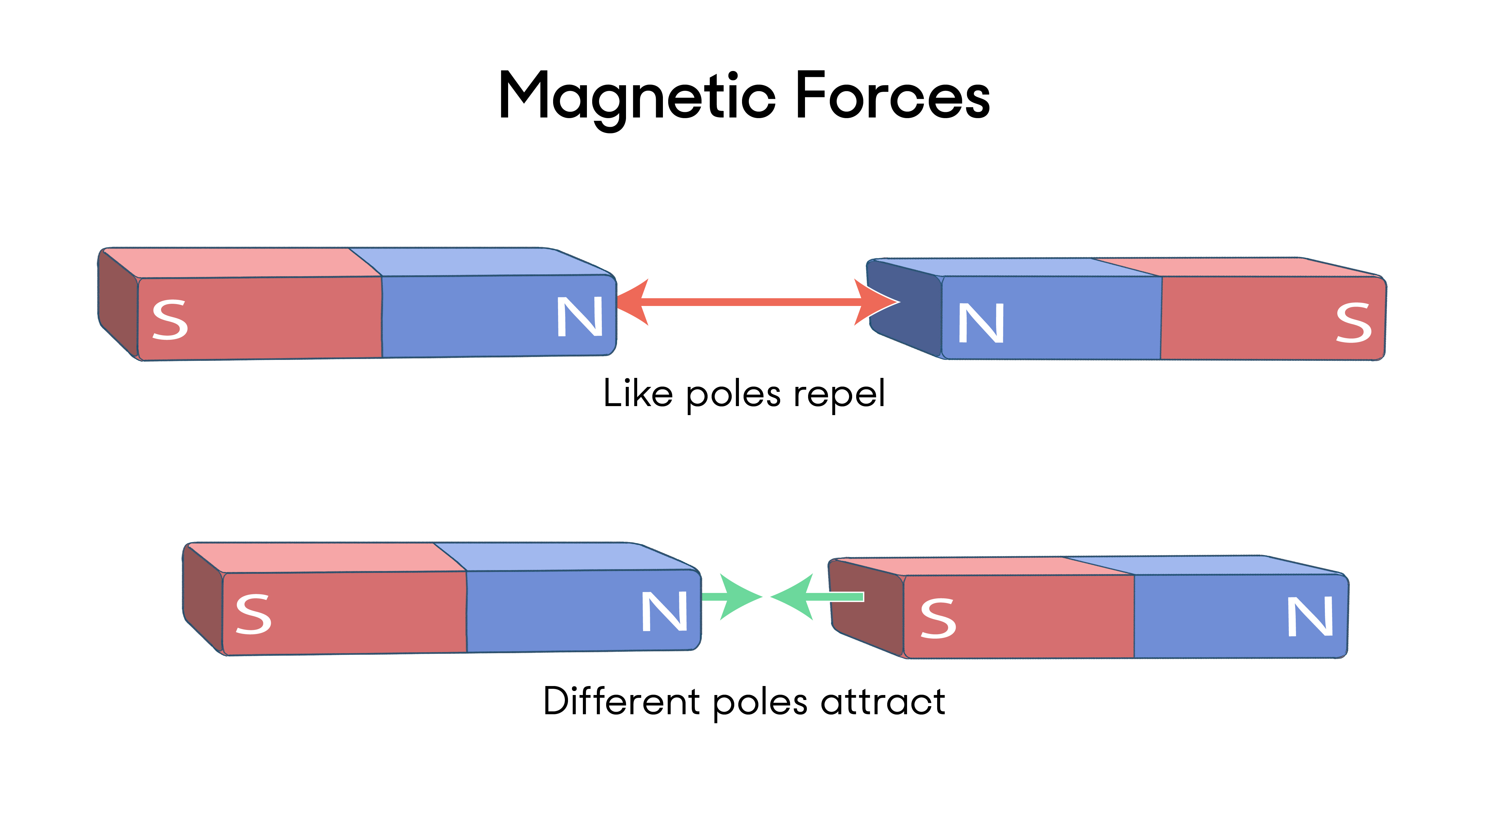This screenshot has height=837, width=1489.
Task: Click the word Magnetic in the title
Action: pos(636,97)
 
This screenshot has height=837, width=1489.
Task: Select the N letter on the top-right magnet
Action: pos(981,323)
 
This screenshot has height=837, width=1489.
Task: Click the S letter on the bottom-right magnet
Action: pos(938,618)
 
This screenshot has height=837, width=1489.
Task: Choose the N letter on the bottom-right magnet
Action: pos(1310,617)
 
